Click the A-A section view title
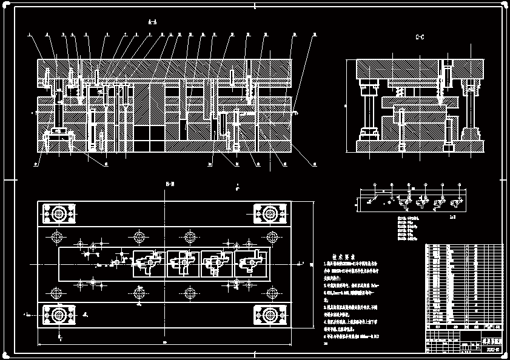click(x=153, y=22)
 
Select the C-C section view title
click(x=420, y=38)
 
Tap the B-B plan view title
click(x=170, y=184)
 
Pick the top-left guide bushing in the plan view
click(x=59, y=214)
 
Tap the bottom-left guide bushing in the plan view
click(x=59, y=315)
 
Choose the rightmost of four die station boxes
click(x=251, y=264)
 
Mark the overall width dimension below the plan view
click(x=165, y=344)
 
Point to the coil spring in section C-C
click(x=400, y=92)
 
